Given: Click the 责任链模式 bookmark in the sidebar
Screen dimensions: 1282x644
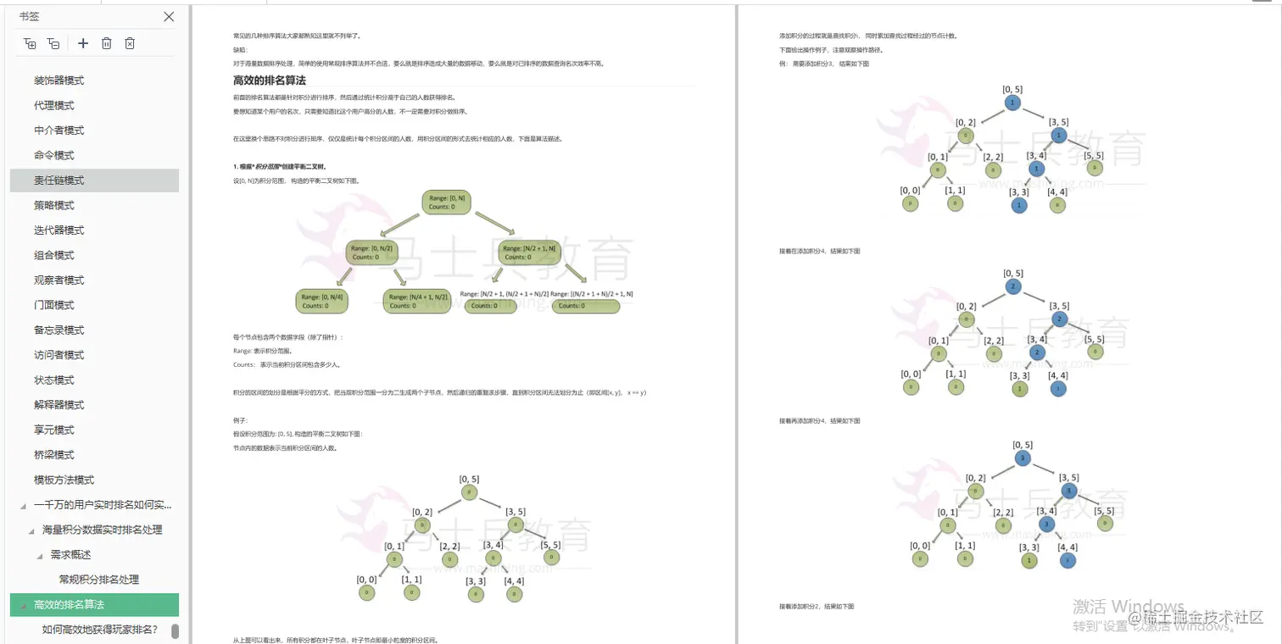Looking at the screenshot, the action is coord(59,180).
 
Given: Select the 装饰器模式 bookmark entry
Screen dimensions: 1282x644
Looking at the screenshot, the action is coord(59,80).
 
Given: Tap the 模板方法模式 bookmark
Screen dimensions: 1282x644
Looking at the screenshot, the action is coord(64,480).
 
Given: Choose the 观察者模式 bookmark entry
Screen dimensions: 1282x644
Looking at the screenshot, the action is coord(59,280).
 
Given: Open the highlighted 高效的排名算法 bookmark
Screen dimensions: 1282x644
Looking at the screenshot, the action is coord(70,605).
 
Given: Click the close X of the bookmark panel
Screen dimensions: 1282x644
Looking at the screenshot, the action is coord(169,17).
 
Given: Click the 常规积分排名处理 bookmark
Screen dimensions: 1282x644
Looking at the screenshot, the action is coord(99,580).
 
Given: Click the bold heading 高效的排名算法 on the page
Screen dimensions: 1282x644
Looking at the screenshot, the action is coord(270,80).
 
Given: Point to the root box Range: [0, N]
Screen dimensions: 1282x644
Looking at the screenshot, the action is coord(447,202).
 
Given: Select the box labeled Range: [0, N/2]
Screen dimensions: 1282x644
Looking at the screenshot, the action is coord(371,253).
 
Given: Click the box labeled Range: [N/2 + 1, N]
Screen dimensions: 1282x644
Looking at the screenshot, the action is coord(529,253).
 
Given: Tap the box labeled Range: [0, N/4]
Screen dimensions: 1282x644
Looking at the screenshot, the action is coord(320,301).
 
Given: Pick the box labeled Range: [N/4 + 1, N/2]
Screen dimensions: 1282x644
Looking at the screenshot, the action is coord(416,301).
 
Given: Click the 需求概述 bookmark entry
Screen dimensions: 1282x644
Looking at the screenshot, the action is coord(71,555).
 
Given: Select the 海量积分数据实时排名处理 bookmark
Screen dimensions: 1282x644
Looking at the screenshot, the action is coord(103,530).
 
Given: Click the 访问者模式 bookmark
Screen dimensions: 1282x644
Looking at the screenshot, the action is coord(59,355).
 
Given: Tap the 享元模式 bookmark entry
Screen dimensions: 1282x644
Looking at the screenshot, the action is coord(54,430).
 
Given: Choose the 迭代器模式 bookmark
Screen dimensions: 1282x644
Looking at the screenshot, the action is coord(59,230).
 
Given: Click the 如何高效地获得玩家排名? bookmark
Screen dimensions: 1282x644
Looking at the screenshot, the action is coord(100,630).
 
